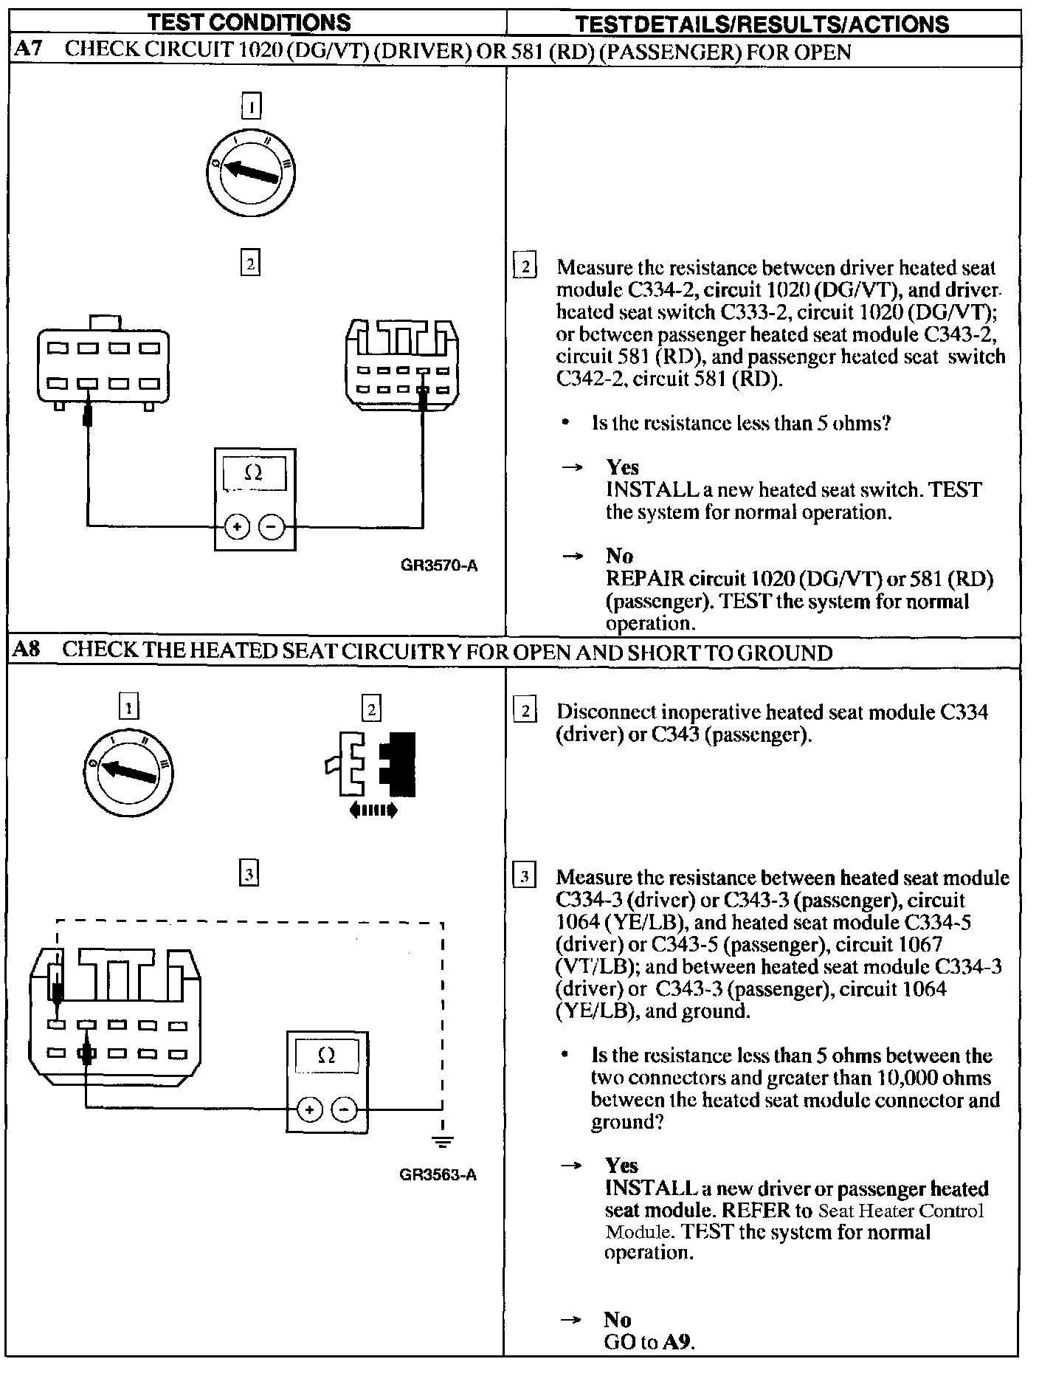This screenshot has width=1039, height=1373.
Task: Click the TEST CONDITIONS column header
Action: [x=249, y=23]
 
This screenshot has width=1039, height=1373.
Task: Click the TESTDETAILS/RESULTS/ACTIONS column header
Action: [x=762, y=24]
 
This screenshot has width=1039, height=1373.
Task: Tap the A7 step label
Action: [x=29, y=51]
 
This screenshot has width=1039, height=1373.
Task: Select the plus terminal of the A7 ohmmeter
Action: [x=237, y=527]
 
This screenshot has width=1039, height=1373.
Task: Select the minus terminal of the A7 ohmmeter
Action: [x=272, y=527]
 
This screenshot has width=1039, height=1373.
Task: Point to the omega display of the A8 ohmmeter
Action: [x=326, y=1056]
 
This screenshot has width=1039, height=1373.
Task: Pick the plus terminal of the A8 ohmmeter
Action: [x=309, y=1109]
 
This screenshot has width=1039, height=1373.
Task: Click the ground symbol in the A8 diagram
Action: [x=441, y=1143]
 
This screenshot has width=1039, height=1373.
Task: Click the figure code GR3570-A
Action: [x=439, y=566]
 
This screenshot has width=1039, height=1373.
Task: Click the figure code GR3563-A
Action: [x=438, y=1174]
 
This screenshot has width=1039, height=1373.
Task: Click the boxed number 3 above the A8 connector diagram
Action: [x=249, y=875]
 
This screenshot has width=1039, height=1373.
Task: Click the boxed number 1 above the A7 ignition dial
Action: [x=252, y=108]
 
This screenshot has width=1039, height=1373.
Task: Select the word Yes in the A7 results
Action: [x=622, y=467]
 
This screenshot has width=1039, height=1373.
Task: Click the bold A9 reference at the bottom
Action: [x=678, y=1342]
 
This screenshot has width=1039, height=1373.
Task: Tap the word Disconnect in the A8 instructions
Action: [x=605, y=713]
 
